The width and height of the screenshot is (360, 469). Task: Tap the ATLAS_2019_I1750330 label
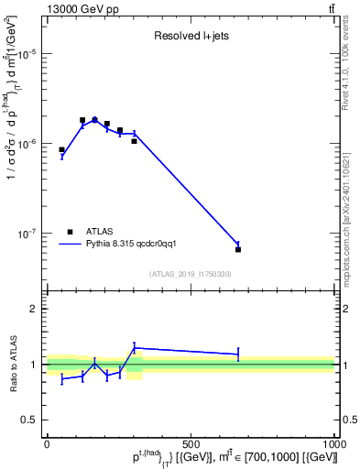190,274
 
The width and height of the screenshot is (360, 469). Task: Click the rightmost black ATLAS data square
238,249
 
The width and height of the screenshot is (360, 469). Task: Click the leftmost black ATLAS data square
61,149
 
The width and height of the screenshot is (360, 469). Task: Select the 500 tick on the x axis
191,443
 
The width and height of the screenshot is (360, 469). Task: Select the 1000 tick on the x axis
334,443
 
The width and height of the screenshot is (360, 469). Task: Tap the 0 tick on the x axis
47,443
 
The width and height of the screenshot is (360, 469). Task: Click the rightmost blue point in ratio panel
238,354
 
